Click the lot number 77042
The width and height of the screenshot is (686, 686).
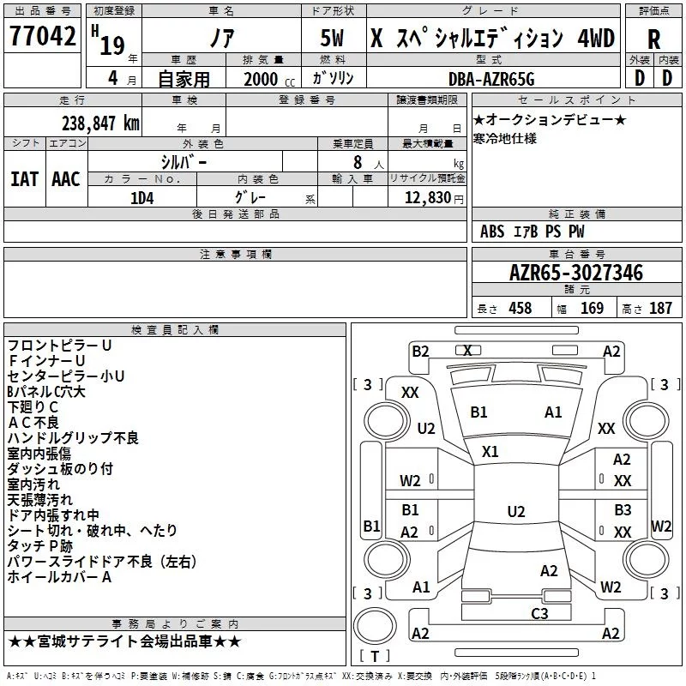(x=43, y=36)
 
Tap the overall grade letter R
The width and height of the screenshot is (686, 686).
(x=653, y=39)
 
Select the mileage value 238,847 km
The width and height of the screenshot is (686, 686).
(x=100, y=123)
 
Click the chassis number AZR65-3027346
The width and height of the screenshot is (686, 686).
(x=576, y=273)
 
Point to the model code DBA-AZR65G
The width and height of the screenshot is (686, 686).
(x=491, y=79)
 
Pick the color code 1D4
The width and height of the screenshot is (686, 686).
(x=142, y=198)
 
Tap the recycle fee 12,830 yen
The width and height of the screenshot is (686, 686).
(x=434, y=198)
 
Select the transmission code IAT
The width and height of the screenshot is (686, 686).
(x=24, y=179)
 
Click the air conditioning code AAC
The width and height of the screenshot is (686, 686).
(x=66, y=179)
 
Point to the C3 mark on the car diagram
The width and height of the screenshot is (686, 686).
(x=539, y=613)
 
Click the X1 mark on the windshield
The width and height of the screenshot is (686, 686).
(x=490, y=452)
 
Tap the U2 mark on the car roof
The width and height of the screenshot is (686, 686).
(x=516, y=511)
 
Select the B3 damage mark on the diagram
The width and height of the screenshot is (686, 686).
(x=623, y=509)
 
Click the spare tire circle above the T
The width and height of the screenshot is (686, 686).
(x=375, y=626)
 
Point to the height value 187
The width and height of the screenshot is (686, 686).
(x=660, y=308)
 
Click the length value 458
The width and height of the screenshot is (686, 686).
(x=521, y=308)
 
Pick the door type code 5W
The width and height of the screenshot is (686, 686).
(x=332, y=38)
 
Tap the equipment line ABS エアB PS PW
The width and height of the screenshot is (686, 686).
(x=532, y=232)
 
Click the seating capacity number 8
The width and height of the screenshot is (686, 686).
(x=358, y=162)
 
